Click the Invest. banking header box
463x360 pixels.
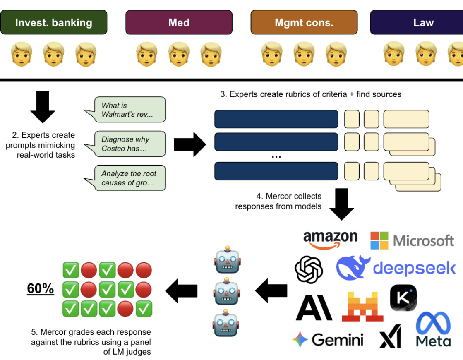[54, 22]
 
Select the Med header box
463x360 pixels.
[179, 22]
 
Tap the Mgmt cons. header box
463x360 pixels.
[304, 22]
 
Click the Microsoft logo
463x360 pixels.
[412, 240]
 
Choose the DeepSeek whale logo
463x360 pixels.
[396, 268]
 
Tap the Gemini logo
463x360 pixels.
[328, 340]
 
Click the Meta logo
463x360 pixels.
[433, 329]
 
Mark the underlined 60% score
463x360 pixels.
[40, 289]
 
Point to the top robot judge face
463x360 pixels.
[226, 259]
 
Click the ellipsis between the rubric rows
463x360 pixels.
[276, 156]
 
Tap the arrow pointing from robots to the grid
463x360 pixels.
[182, 290]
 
